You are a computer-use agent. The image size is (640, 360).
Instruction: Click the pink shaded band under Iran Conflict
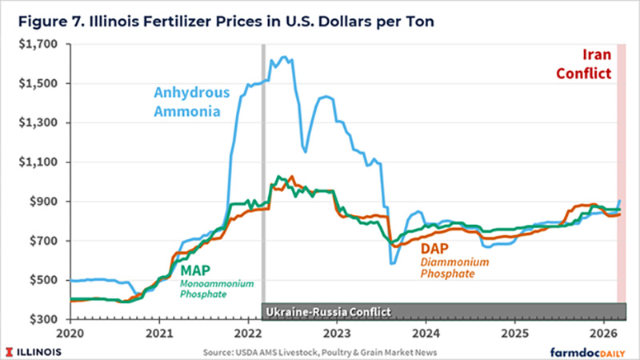point(621,200)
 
